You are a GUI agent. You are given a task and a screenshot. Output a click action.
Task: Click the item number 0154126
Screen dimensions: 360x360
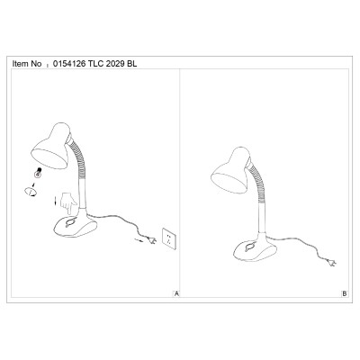pyautogui.click(x=69, y=64)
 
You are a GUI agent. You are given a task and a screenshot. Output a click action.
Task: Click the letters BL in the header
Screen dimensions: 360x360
pyautogui.click(x=132, y=64)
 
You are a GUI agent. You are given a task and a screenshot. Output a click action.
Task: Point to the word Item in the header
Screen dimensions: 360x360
pyautogui.click(x=20, y=64)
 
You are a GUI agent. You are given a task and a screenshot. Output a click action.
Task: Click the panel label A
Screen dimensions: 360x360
pyautogui.click(x=176, y=293)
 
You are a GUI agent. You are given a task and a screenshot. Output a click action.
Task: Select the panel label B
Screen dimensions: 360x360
pyautogui.click(x=345, y=293)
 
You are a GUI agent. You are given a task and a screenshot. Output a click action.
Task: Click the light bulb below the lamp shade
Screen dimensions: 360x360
pyautogui.click(x=38, y=173)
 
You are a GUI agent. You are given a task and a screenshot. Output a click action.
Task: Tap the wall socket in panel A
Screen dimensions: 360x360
pyautogui.click(x=168, y=238)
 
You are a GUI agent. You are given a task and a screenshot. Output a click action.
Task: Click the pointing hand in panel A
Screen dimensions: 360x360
pyautogui.click(x=68, y=203)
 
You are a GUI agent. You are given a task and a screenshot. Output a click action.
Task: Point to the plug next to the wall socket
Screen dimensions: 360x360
pyautogui.click(x=151, y=240)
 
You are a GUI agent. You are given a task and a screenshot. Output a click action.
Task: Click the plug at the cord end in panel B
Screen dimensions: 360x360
pyautogui.click(x=331, y=263)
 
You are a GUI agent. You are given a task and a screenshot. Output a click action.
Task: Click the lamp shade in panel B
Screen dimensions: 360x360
pyautogui.click(x=231, y=170)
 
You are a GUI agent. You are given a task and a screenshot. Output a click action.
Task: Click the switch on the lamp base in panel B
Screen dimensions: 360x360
pyautogui.click(x=249, y=247)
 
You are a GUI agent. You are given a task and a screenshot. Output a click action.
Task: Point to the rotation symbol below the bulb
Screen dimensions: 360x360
pyautogui.click(x=31, y=192)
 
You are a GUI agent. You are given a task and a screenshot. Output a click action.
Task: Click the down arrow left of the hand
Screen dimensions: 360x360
pyautogui.click(x=56, y=202)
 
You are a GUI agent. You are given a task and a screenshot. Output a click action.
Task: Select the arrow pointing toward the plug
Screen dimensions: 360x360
pyautogui.click(x=139, y=239)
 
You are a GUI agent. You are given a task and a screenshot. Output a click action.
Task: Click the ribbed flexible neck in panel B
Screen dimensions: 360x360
pyautogui.click(x=256, y=184)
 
